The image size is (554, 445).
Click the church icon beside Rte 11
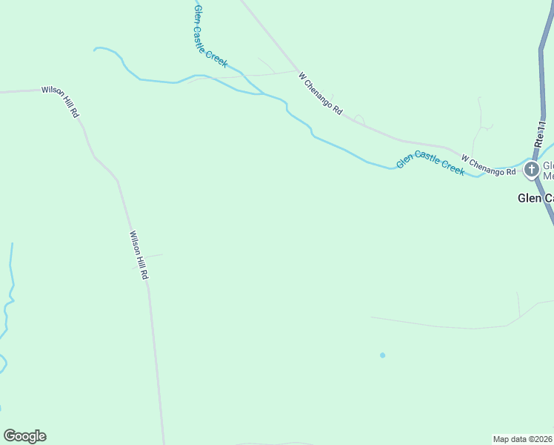point(531,170)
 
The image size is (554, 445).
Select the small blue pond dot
point(382,355)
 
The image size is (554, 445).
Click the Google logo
point(24,436)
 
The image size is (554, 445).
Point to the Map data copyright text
point(523,439)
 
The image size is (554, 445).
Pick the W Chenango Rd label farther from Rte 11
point(321,93)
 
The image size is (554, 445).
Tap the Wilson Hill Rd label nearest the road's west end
point(60,100)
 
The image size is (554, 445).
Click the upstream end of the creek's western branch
point(95,50)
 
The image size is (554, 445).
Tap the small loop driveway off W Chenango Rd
point(359,118)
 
